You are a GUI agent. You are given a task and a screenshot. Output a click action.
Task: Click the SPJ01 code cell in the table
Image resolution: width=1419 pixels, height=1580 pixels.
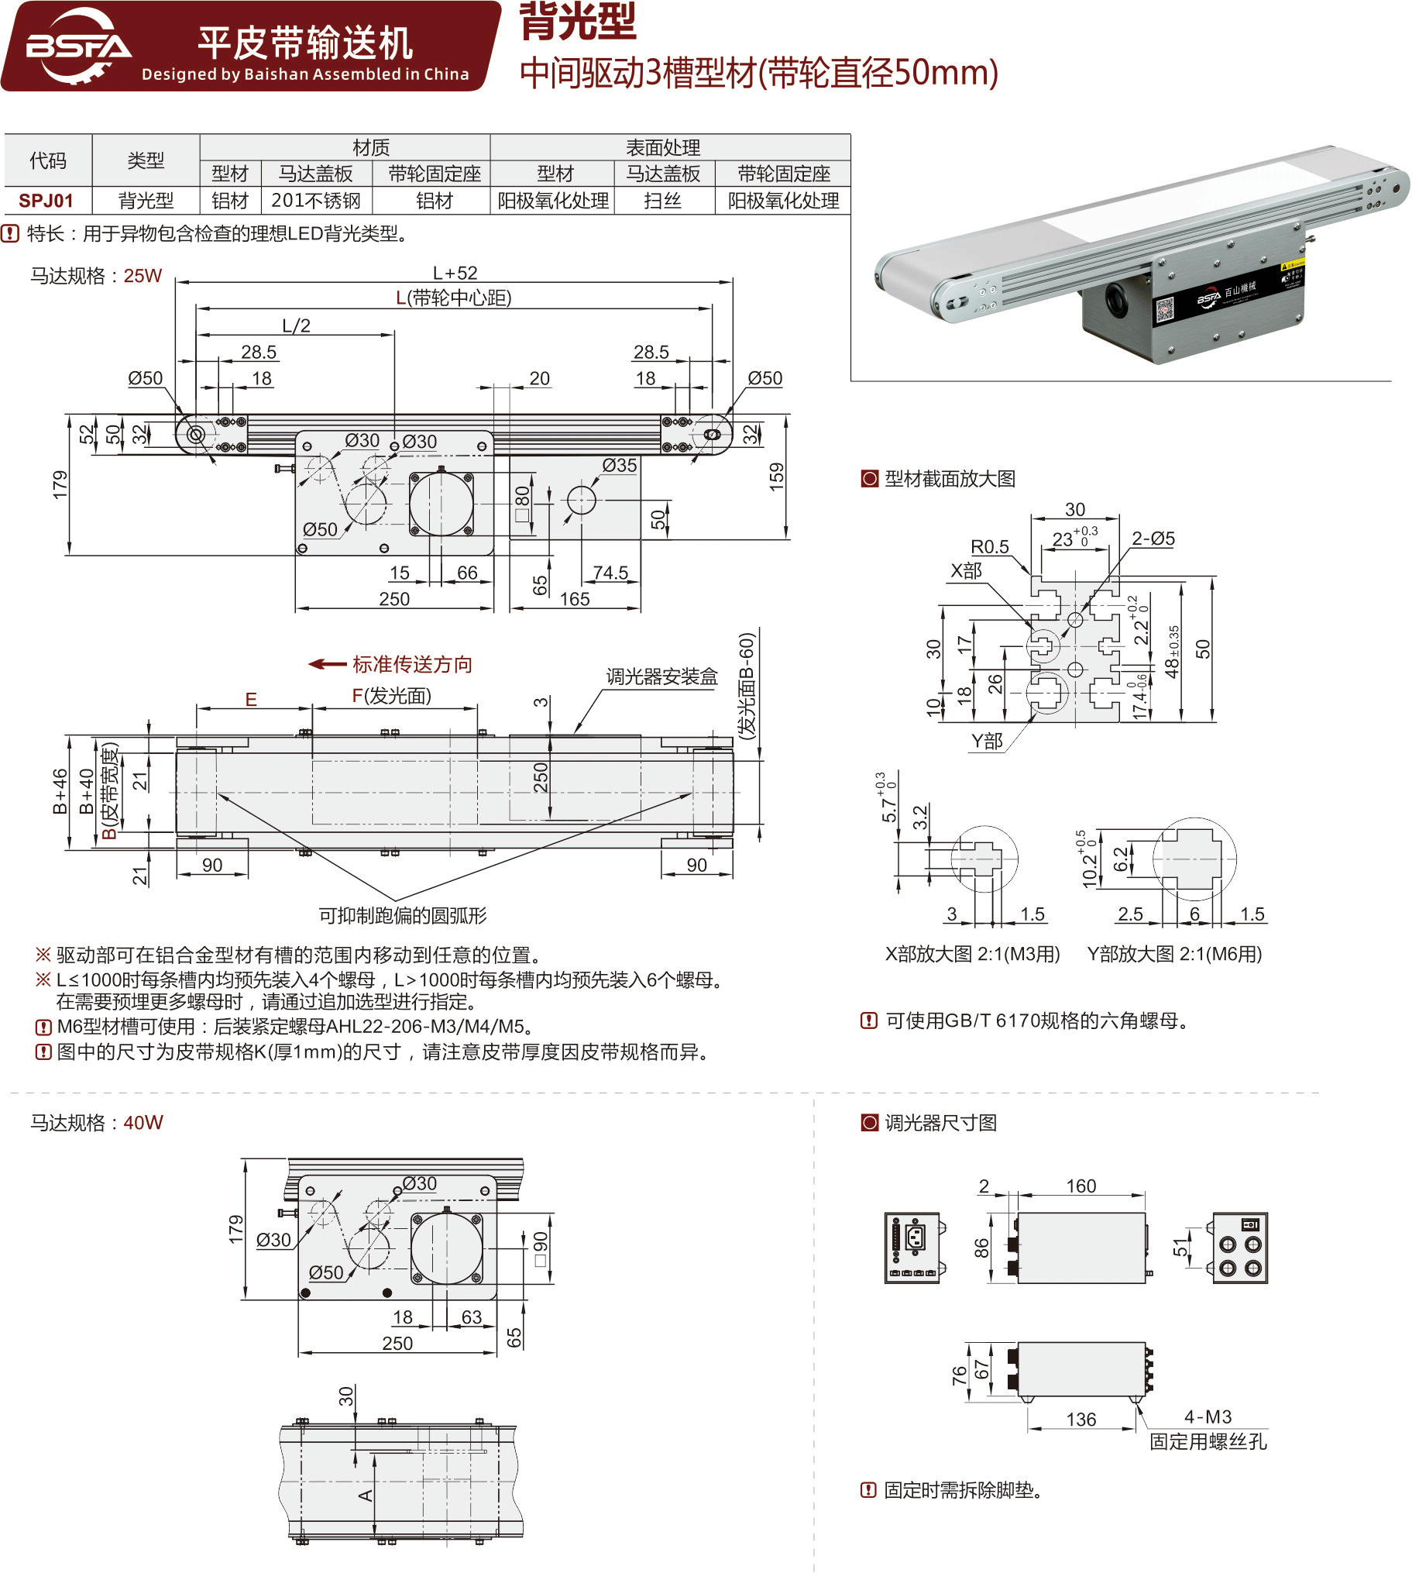pyautogui.click(x=46, y=201)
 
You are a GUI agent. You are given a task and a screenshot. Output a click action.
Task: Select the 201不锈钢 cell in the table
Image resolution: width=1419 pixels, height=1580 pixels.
pyautogui.click(x=316, y=201)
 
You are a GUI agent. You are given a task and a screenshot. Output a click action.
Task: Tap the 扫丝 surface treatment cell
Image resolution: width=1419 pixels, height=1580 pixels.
pyautogui.click(x=664, y=201)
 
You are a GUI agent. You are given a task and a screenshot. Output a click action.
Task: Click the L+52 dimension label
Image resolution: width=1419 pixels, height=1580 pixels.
pyautogui.click(x=455, y=273)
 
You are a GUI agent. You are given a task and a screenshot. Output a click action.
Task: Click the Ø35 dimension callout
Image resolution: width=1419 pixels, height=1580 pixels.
pyautogui.click(x=619, y=466)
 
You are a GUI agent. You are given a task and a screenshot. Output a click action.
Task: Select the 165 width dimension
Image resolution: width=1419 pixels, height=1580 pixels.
pyautogui.click(x=575, y=599)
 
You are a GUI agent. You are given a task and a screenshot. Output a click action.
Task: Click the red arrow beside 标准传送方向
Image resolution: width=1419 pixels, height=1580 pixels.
pyautogui.click(x=328, y=664)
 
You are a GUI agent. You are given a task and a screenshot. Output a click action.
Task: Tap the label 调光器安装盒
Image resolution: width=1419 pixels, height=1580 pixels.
pyautogui.click(x=662, y=677)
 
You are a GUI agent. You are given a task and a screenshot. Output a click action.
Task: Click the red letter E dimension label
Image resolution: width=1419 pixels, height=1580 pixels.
pyautogui.click(x=251, y=700)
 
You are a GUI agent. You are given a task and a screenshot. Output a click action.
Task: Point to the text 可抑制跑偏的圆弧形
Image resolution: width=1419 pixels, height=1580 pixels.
pyautogui.click(x=402, y=916)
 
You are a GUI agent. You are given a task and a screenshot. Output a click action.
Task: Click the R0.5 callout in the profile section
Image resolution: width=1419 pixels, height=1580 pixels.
pyautogui.click(x=989, y=546)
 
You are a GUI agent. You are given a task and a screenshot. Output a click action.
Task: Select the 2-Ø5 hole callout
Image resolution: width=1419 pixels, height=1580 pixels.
pyautogui.click(x=1153, y=538)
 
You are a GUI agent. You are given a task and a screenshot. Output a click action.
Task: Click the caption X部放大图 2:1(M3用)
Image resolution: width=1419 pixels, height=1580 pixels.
pyautogui.click(x=972, y=954)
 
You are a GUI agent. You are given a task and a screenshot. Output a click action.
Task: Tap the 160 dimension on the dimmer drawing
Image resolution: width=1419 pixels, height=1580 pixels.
pyautogui.click(x=1081, y=1186)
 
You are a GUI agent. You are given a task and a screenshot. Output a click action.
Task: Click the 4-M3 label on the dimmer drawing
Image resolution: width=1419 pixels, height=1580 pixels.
pyautogui.click(x=1208, y=1417)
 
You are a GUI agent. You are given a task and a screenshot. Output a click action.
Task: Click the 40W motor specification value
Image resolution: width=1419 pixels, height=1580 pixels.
pyautogui.click(x=143, y=1123)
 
